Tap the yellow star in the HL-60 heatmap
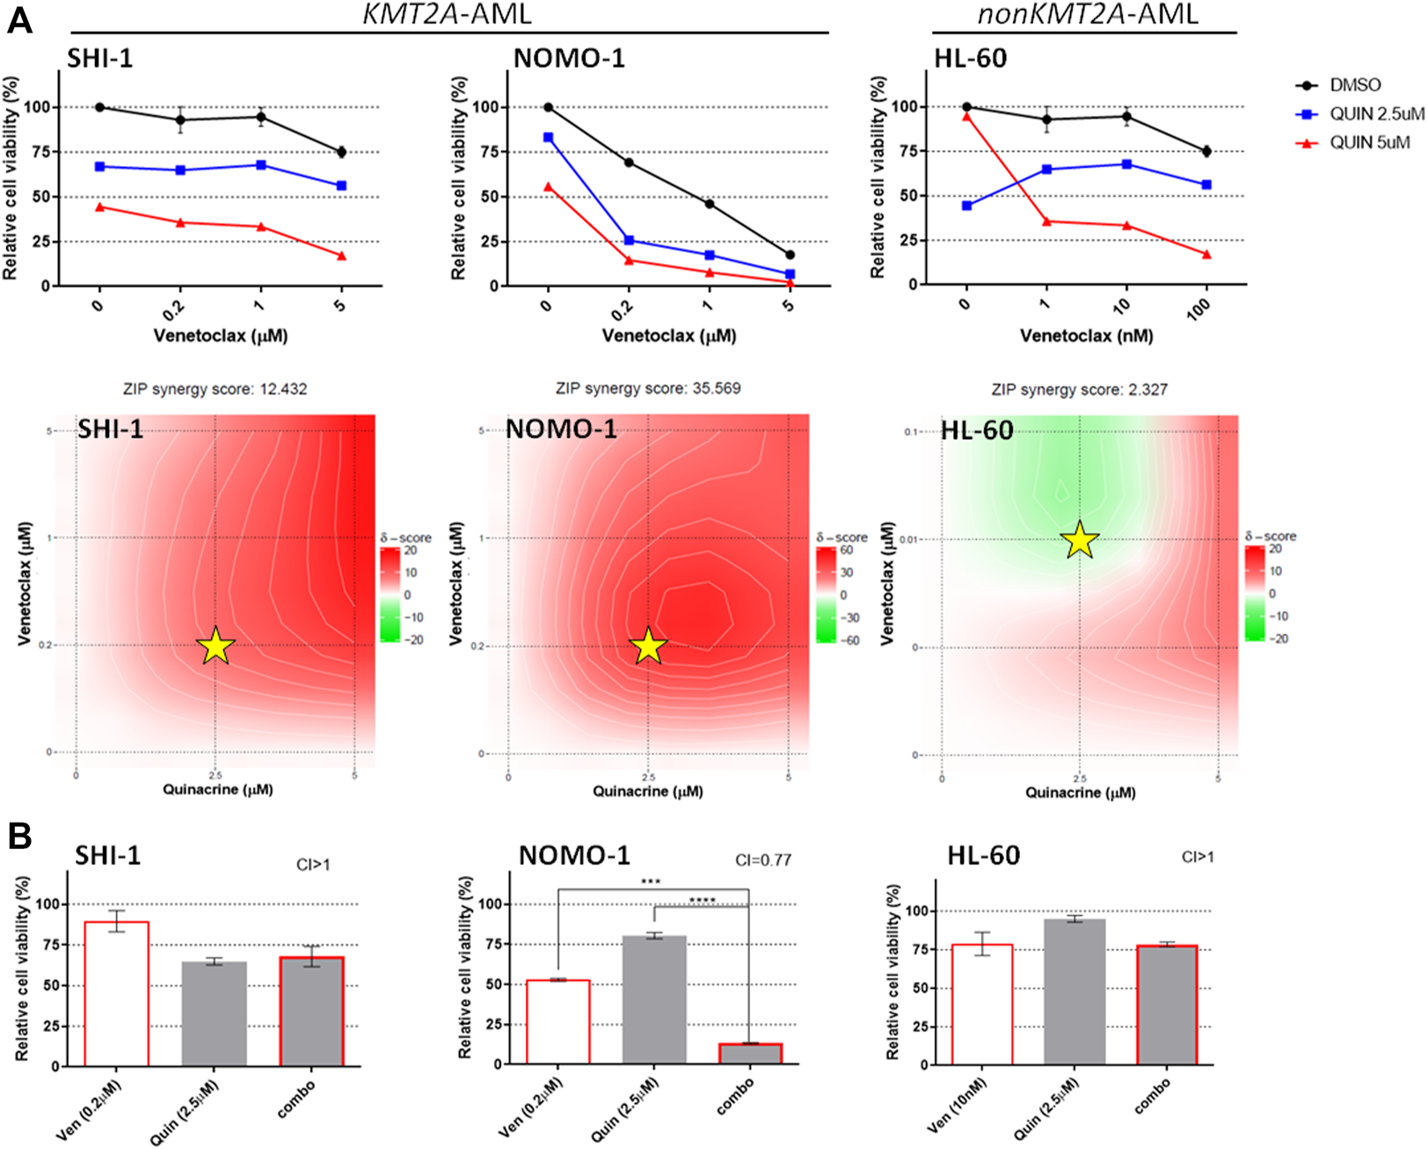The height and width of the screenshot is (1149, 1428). (1080, 539)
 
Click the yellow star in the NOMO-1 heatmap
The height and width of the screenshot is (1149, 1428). (648, 646)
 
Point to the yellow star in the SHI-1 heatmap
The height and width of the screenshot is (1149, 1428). (215, 646)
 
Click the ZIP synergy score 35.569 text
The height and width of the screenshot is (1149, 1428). (648, 388)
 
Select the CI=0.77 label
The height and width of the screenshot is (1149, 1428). (762, 860)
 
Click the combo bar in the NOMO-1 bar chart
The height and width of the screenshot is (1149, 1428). (750, 1053)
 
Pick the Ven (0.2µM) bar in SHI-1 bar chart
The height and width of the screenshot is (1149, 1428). (116, 994)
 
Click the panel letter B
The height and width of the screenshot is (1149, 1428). (19, 837)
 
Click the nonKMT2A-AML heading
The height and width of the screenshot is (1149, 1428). (1088, 15)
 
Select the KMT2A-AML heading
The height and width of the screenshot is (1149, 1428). (447, 15)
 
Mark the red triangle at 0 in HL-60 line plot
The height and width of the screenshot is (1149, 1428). (967, 116)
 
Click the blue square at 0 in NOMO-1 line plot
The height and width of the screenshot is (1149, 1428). (549, 137)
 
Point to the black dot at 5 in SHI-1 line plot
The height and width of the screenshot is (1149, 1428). (341, 152)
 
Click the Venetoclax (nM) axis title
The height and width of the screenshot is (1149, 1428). (1086, 336)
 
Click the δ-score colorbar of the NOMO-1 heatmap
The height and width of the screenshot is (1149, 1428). (826, 596)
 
